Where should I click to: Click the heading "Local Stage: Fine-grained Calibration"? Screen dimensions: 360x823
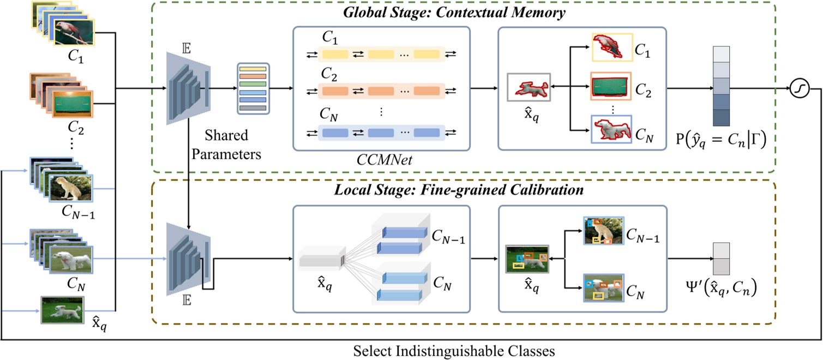(x=460, y=191)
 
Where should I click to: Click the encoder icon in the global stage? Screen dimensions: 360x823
(x=189, y=88)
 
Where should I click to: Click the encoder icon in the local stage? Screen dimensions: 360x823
(x=189, y=256)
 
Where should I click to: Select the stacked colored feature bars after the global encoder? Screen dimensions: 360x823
(x=253, y=88)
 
